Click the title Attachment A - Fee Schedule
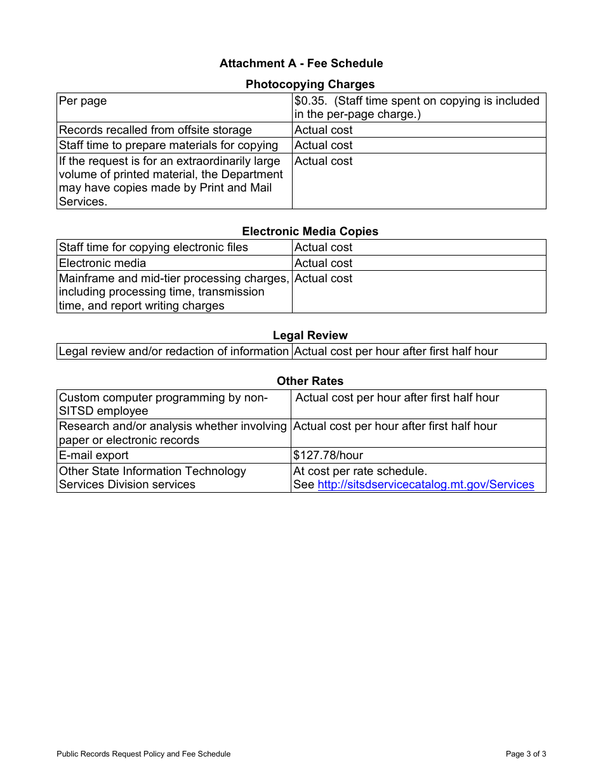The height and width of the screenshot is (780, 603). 301,63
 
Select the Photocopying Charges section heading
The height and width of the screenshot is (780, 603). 310,84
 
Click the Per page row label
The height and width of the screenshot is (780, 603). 83,101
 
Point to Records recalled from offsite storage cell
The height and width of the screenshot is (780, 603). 155,130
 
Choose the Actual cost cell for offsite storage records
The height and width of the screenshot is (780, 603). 323,130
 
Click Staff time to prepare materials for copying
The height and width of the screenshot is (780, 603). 168,145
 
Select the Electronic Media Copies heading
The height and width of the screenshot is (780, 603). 310,231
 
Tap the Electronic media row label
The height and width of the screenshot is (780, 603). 102,263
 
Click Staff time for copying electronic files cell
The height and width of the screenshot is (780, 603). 153,247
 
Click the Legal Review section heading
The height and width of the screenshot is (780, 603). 310,335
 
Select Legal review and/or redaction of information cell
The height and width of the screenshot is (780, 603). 173,351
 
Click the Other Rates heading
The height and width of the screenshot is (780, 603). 310,381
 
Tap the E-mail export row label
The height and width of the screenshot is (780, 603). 93,455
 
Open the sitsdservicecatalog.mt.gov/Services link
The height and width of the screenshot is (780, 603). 425,484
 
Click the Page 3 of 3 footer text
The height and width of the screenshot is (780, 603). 526,754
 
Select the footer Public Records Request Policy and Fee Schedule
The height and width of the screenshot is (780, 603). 143,754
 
